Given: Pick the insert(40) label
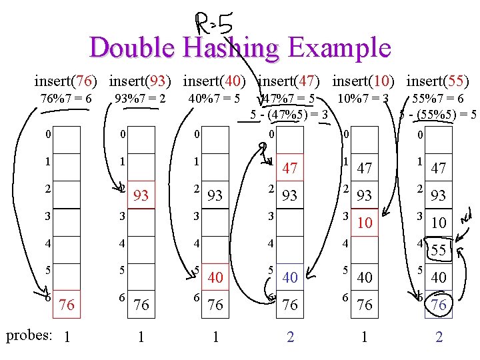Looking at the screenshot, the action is pos(215,81).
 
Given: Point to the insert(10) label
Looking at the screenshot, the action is pos(363,81).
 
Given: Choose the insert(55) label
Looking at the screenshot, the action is pos(437,81).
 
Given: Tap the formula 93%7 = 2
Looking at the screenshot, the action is pos(140,99).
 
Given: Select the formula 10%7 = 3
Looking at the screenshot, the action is pos(363,99).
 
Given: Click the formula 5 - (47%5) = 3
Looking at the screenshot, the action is pos(289,114).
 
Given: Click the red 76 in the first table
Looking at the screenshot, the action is pos(67,305).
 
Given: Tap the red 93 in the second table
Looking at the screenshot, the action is pos(141,196).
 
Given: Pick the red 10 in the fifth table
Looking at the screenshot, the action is pos(363,223).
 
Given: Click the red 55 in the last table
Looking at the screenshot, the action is pos(438,251).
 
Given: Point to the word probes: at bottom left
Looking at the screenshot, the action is pos(29,335).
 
